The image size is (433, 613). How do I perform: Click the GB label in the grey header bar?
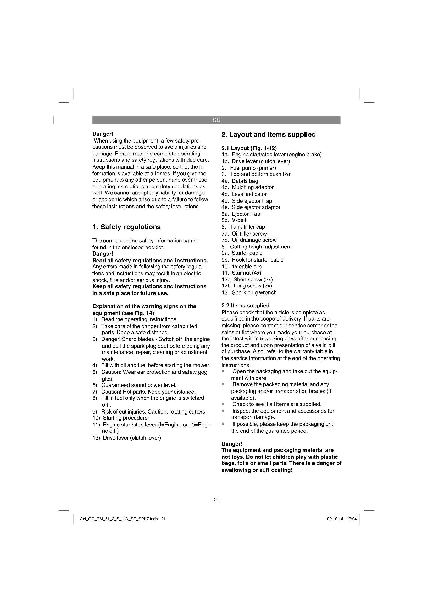click(216, 120)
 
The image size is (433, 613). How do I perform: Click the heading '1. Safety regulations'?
click(126, 227)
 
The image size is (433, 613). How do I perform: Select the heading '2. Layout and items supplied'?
click(269, 134)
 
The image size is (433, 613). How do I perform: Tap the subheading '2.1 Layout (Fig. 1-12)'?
click(249, 148)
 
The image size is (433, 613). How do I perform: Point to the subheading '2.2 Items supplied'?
click(245, 305)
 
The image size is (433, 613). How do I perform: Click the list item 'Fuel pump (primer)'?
click(253, 168)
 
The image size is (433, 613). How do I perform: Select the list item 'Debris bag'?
click(245, 181)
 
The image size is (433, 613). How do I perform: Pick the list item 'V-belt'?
click(239, 220)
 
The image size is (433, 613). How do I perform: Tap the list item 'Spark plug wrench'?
click(254, 293)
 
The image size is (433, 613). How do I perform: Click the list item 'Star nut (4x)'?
click(246, 273)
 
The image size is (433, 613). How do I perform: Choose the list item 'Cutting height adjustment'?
click(260, 247)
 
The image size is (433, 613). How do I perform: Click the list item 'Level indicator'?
click(249, 194)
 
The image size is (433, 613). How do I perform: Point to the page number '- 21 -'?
click(216, 500)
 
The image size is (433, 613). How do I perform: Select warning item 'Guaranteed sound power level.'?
click(139, 385)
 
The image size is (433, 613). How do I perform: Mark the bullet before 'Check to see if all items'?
click(223, 404)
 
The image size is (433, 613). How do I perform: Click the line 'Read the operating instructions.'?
click(139, 319)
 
